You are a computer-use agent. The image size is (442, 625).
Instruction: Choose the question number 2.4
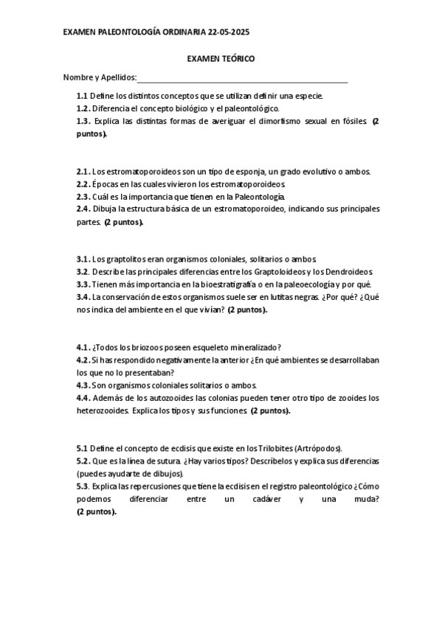point(83,209)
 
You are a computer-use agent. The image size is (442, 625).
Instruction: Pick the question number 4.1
point(83,347)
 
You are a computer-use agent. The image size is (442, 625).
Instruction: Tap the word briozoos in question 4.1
point(152,347)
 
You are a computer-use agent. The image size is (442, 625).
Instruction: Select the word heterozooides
point(103,411)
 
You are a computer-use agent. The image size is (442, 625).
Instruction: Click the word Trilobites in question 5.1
point(272,448)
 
